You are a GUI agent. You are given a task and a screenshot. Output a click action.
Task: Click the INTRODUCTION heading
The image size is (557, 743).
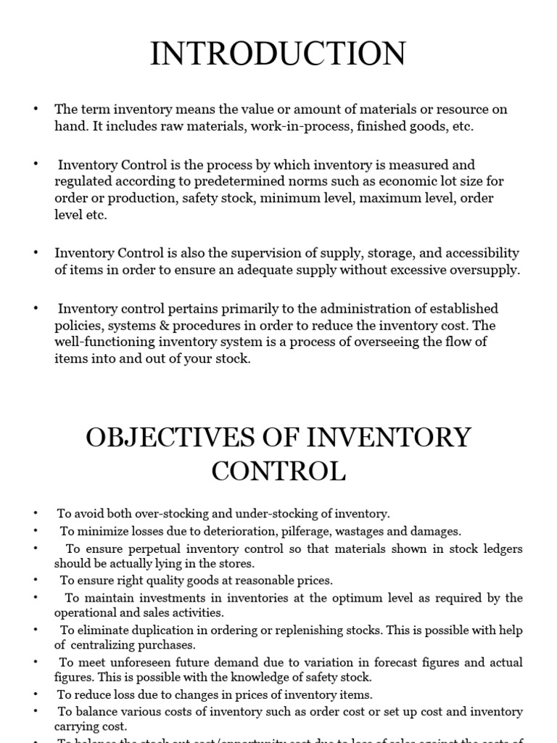coord(278,54)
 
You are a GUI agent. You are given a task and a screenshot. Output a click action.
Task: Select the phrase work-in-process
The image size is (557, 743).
coord(329,126)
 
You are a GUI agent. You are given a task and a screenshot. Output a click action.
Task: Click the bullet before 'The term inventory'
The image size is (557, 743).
coord(36,110)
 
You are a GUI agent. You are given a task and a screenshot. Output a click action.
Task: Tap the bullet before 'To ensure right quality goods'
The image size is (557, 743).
coord(36,580)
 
